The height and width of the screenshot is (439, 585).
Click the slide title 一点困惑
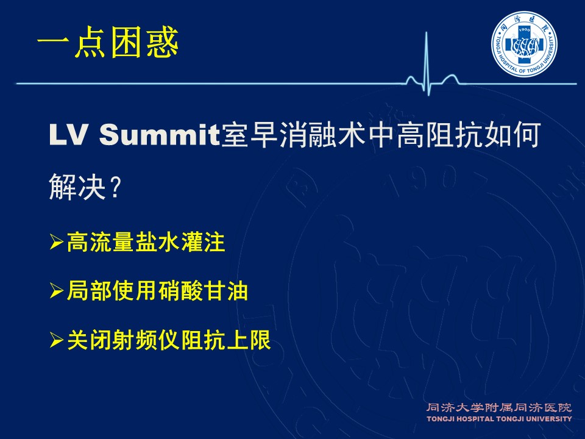pyautogui.click(x=108, y=43)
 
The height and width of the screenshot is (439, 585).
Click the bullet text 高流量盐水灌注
pyautogui.click(x=146, y=243)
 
